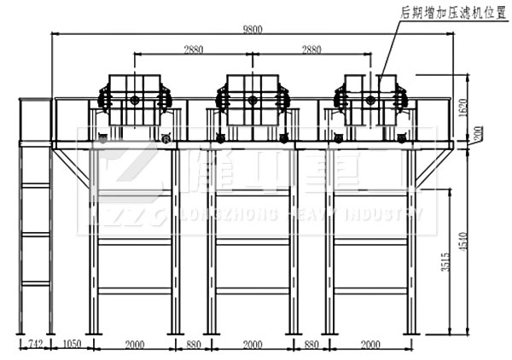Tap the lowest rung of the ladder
[36, 282]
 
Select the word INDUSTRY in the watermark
[390, 217]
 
